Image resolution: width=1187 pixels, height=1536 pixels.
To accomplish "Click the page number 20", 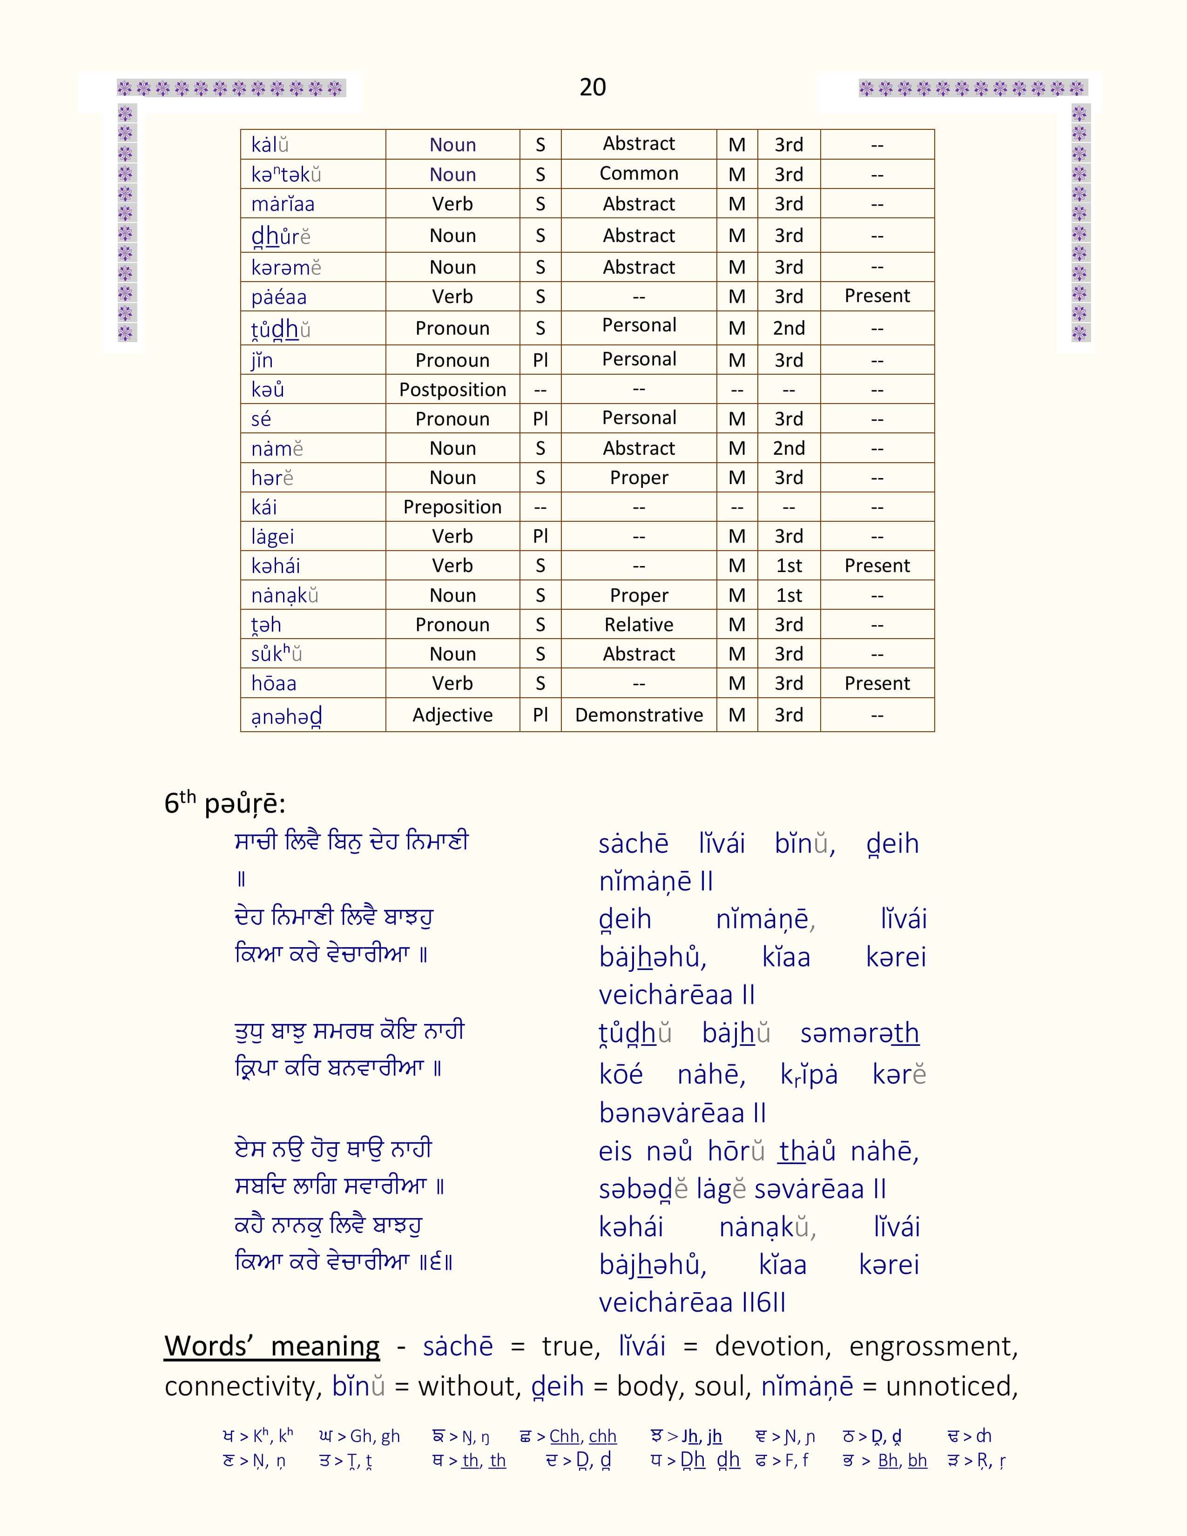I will point(592,87).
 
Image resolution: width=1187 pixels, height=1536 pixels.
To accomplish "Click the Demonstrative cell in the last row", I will point(639,715).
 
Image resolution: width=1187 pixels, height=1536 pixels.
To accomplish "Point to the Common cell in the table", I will point(639,174).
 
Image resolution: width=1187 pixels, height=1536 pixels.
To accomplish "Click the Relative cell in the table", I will point(639,625).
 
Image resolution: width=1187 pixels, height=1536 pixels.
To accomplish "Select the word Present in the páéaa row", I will point(877,296).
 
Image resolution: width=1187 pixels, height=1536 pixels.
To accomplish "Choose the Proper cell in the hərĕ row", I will point(639,478).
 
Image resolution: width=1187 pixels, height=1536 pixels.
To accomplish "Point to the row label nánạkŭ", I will point(285,596).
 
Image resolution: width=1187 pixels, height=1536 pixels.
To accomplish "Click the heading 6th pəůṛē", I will point(224,803).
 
